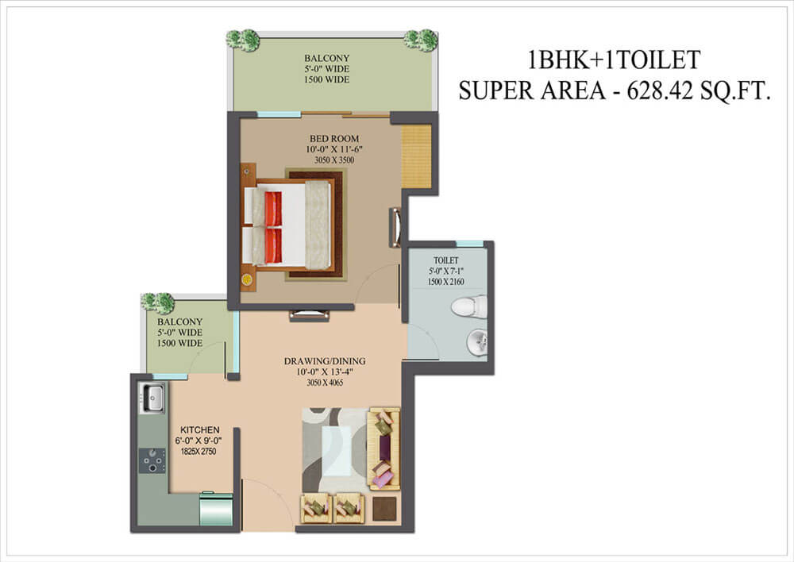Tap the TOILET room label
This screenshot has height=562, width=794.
pos(445,260)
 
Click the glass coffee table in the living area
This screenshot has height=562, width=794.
pos(339,450)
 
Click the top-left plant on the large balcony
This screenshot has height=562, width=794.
pos(243,39)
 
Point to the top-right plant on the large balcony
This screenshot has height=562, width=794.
pos(421,39)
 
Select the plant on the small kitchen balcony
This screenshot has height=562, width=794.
pos(157,302)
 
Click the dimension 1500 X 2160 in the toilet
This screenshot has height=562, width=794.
pos(445,282)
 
